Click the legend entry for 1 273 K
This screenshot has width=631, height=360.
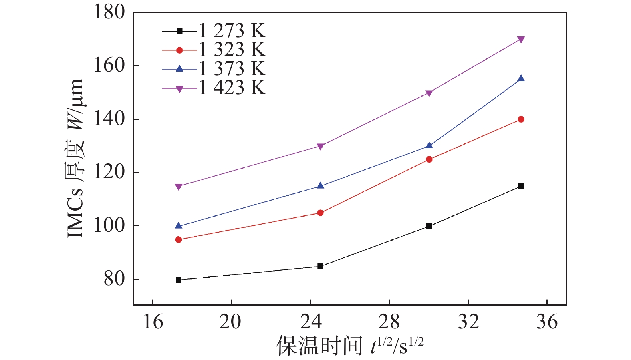pos(214,31)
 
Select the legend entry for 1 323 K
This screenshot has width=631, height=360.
pos(214,50)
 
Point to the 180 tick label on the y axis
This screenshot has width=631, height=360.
pos(109,12)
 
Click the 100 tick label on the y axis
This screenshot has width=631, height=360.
pos(109,226)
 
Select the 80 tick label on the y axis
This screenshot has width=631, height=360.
pos(115,279)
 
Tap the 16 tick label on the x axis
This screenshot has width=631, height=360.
pos(153,322)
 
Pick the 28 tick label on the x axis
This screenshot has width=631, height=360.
pos(389,322)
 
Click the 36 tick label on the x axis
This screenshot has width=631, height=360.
pos(547,322)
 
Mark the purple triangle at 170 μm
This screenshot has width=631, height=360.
pos(521,40)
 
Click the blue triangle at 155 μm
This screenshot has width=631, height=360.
pos(521,78)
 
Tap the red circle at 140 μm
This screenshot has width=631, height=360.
pos(521,119)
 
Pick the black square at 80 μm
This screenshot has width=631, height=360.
pos(179,280)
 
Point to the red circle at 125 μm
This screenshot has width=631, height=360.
pos(429,159)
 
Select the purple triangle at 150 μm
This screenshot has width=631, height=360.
pos(429,93)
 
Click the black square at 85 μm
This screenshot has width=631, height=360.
pos(320,266)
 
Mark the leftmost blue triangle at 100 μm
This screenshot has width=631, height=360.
pos(179,226)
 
